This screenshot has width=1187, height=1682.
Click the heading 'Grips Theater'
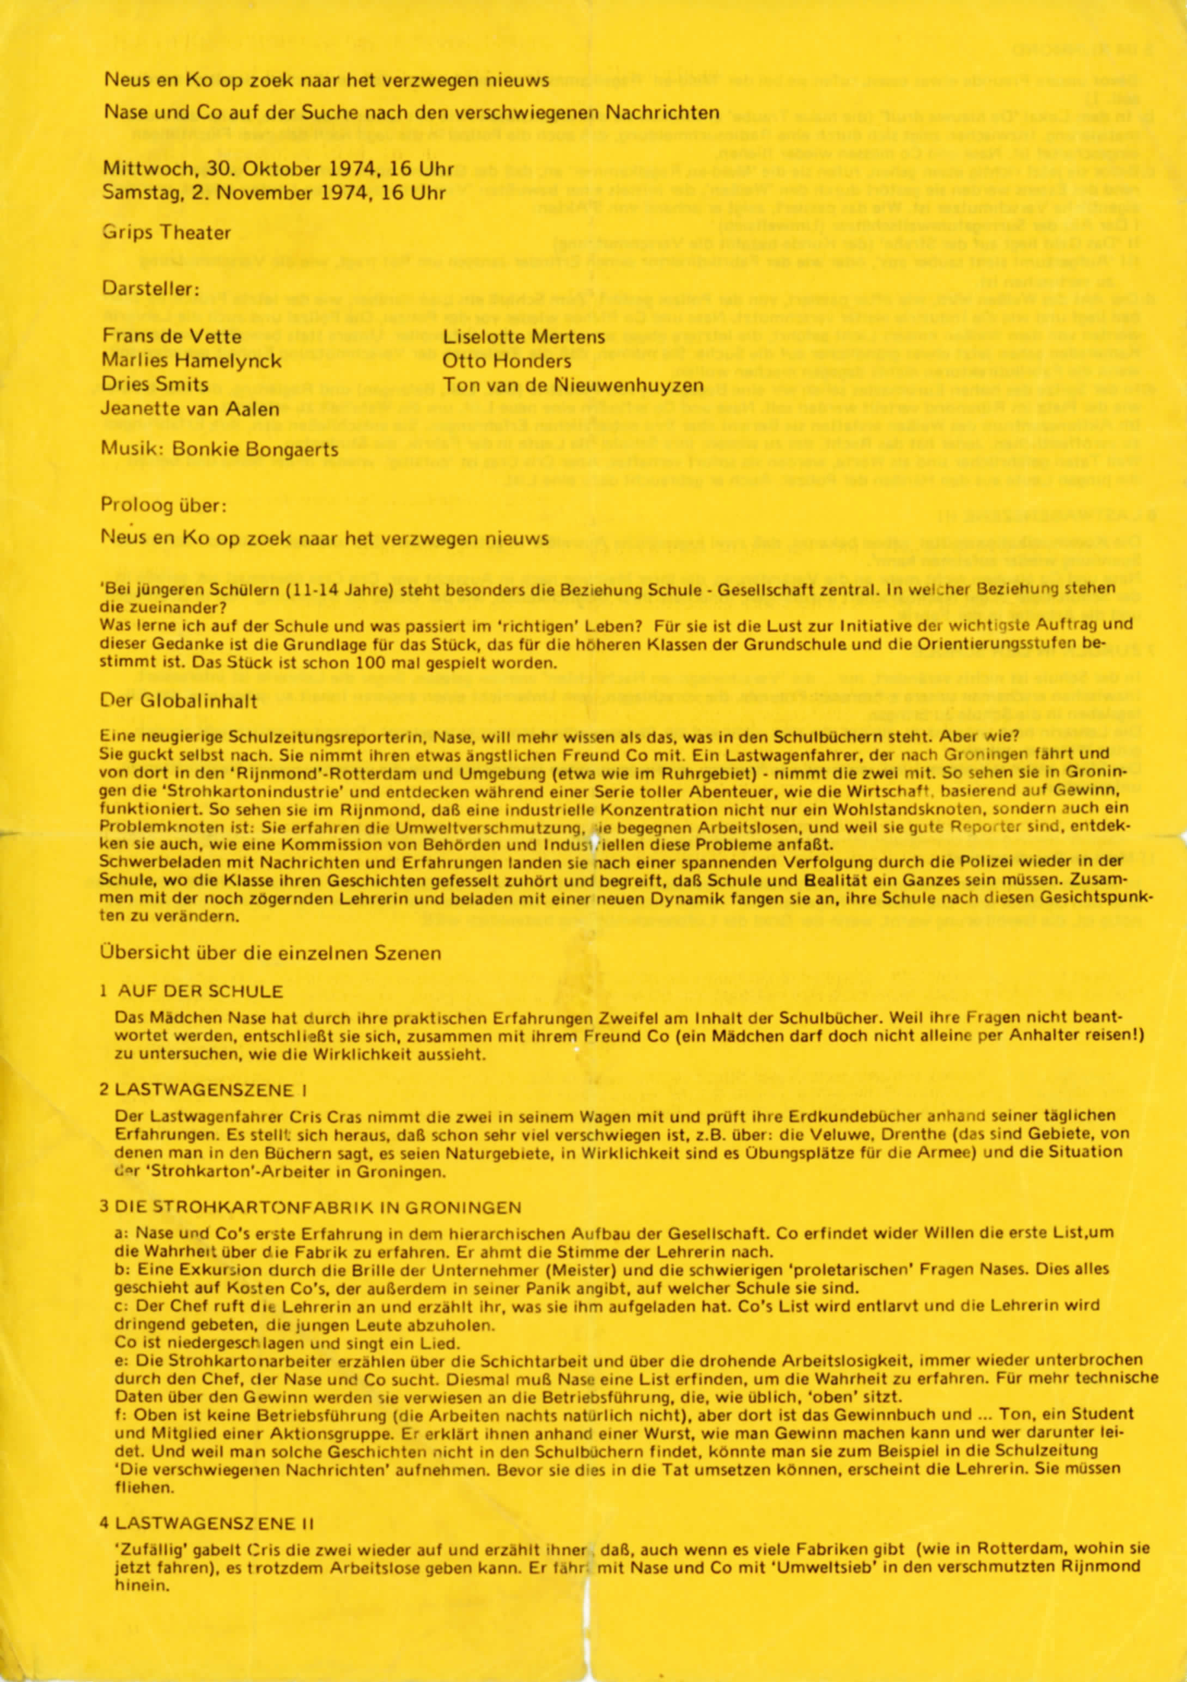click(x=166, y=233)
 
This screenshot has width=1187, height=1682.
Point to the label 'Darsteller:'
click(x=150, y=289)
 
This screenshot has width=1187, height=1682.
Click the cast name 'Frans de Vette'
click(x=172, y=337)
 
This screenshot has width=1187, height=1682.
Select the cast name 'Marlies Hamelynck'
click(x=191, y=361)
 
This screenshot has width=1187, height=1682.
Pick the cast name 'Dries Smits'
click(x=155, y=384)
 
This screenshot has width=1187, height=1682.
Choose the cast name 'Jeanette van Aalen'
click(x=191, y=409)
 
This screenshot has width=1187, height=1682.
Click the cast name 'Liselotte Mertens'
click(x=523, y=337)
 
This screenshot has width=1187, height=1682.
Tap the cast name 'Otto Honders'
click(x=506, y=361)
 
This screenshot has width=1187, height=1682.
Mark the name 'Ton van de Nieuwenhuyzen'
click(x=573, y=386)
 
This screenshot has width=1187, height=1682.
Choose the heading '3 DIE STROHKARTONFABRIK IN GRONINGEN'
click(x=310, y=1207)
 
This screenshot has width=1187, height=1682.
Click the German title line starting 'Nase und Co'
click(x=411, y=113)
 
